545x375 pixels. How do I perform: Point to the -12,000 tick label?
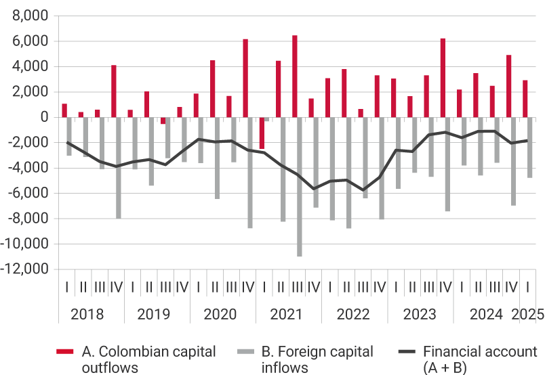coord(26,269)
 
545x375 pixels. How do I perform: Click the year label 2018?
coord(87,315)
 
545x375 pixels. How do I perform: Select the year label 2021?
coord(286,315)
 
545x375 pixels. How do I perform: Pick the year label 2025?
coord(528,315)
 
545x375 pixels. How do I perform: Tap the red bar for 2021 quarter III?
coord(295,76)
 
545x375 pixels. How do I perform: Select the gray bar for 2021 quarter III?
coord(300,187)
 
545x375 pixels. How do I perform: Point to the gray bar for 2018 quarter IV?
coord(119,168)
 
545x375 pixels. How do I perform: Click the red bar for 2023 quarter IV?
coord(443,77)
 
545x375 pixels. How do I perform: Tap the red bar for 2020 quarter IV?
coord(245,78)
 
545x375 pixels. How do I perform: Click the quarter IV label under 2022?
coord(380,287)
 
